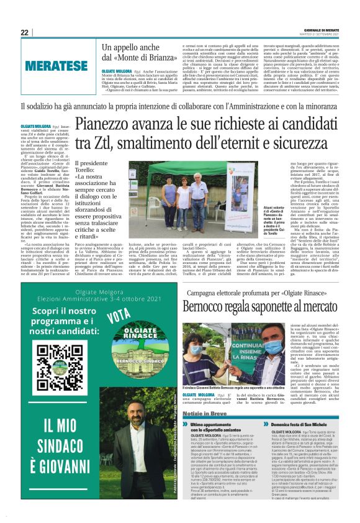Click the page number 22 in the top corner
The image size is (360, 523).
click(25, 32)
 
